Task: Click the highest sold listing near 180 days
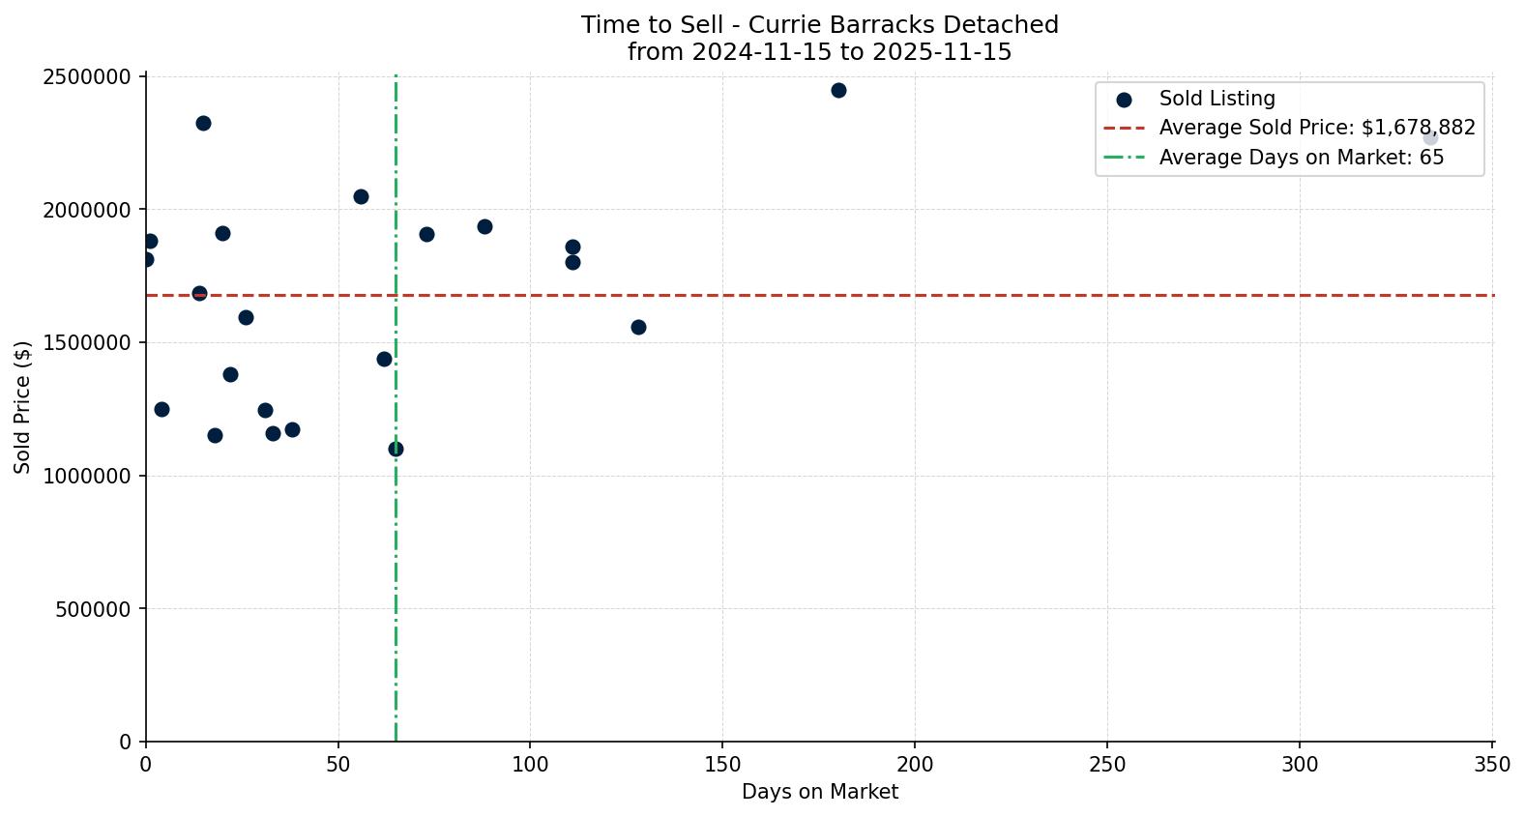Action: (838, 90)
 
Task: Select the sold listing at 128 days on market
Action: (638, 327)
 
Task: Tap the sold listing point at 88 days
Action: (484, 226)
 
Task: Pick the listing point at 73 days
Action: (426, 234)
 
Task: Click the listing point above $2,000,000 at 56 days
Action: (361, 196)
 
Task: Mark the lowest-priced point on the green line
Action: (396, 449)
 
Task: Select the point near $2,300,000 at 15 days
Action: (203, 123)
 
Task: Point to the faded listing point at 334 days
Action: (1430, 137)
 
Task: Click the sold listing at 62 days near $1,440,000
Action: (384, 359)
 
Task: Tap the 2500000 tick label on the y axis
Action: (87, 76)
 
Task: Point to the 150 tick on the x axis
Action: (722, 764)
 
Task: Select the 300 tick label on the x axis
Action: (1300, 764)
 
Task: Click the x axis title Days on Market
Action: (819, 792)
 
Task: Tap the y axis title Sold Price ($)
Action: (22, 407)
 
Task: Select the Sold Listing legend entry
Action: (1217, 99)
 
